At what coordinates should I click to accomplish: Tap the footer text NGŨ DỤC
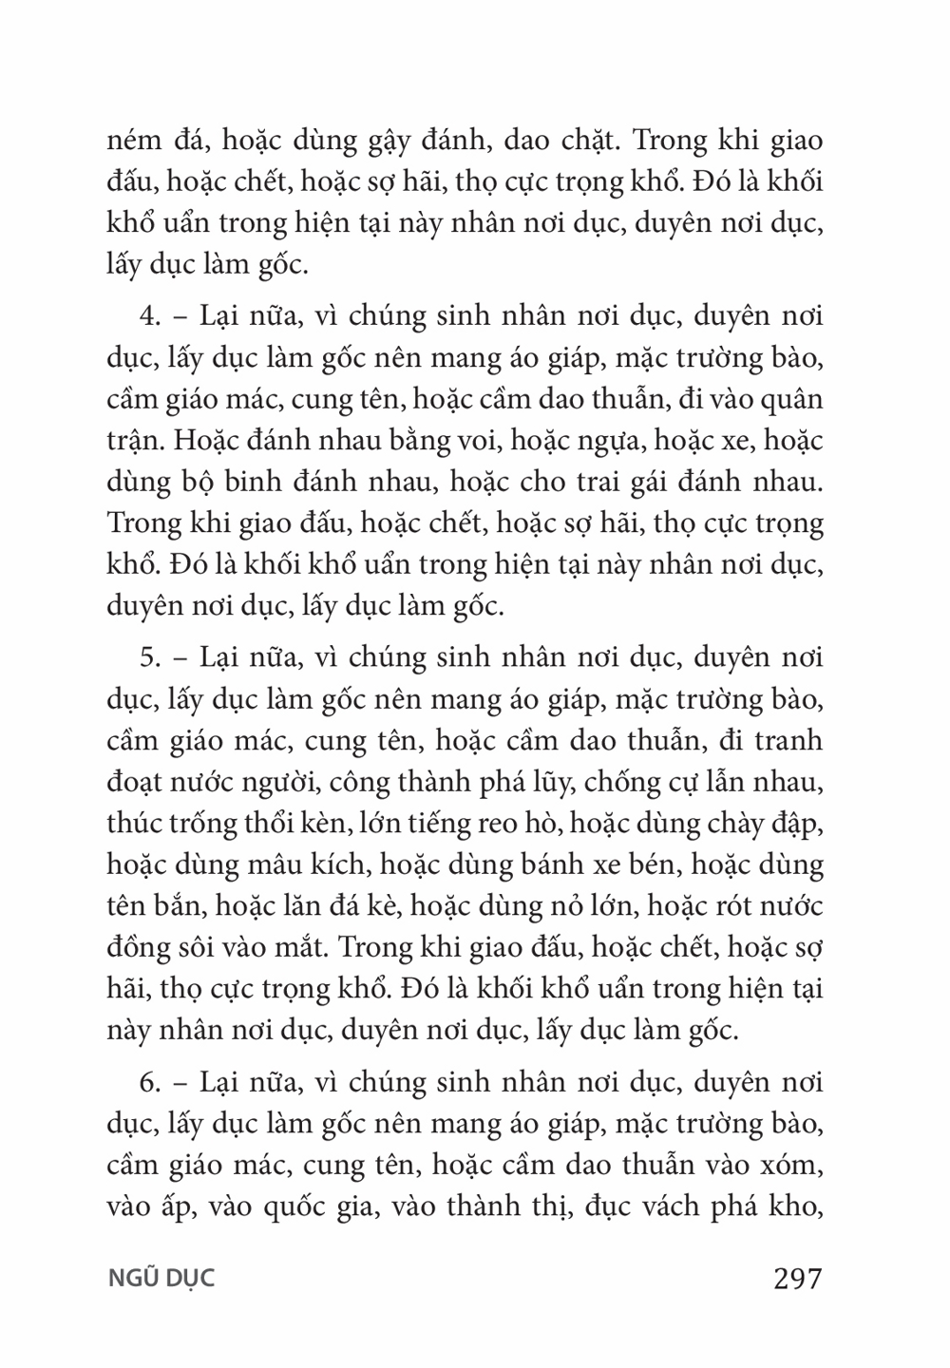pos(161,1278)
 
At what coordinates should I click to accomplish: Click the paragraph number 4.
pos(147,316)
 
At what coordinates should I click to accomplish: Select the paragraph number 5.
pos(147,657)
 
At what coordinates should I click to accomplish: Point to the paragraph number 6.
pos(147,1082)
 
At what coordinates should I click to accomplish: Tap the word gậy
pos(389,142)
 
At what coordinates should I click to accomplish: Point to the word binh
pos(248,483)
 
